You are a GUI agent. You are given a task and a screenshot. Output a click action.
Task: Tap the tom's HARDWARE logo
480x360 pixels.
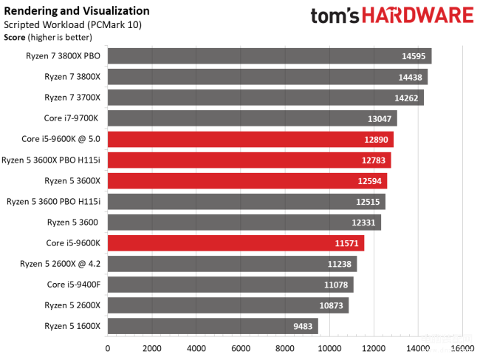tap(391, 16)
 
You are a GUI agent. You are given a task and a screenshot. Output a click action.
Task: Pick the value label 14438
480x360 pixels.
tap(411, 77)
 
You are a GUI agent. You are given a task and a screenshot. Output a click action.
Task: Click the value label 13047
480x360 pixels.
tap(380, 118)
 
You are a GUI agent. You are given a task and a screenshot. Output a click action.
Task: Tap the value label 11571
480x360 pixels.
tap(347, 243)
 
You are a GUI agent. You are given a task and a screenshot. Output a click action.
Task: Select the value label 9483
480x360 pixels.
tap(304, 326)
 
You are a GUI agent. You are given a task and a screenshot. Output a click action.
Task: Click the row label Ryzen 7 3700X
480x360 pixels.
tap(72, 98)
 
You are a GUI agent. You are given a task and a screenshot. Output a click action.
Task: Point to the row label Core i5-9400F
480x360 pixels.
tap(74, 285)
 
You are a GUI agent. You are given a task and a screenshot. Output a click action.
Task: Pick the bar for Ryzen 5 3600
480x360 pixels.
tap(244, 223)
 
